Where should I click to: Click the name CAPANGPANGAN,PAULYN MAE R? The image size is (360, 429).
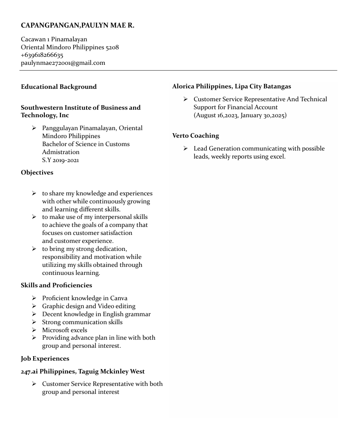tap(77, 25)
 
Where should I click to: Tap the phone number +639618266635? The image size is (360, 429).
tap(42, 55)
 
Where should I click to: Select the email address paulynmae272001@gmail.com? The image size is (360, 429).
tap(63, 63)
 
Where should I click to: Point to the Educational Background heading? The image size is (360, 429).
tap(59, 87)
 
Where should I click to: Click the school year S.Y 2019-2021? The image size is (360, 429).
tap(60, 160)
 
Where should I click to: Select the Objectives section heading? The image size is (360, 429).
tap(37, 172)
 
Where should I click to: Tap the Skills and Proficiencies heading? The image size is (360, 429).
tap(56, 285)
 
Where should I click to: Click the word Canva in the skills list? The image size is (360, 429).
tap(119, 298)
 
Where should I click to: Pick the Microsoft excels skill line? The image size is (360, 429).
tap(65, 330)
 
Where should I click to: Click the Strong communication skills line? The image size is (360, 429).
tap(82, 322)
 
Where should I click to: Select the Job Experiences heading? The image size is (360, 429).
tap(45, 358)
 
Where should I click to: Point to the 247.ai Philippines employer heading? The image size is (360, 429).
tap(83, 371)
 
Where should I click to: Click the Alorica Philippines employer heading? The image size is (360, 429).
tap(232, 86)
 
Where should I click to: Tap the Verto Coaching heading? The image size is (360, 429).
tap(195, 135)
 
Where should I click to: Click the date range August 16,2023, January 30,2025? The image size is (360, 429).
tap(240, 115)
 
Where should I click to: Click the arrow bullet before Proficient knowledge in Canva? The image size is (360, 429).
tap(34, 298)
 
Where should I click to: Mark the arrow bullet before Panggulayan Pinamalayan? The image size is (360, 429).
tap(34, 128)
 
